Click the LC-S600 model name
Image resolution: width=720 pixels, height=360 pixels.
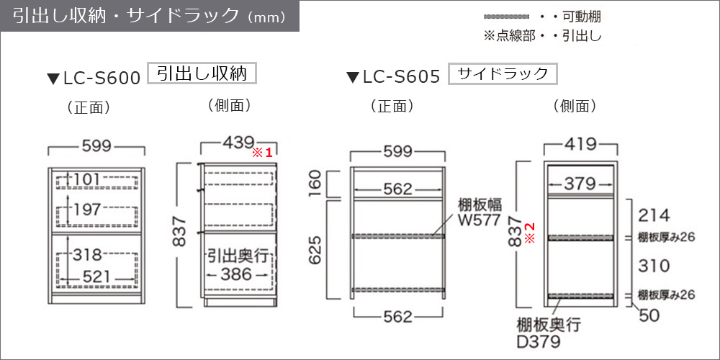pos(100,78)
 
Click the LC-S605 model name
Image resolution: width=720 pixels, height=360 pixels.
pos(400,78)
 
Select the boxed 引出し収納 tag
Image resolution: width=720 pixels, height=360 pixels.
pos(202,73)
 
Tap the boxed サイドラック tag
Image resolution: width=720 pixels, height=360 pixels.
pos(503,73)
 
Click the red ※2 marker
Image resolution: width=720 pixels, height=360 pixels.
pos(529,238)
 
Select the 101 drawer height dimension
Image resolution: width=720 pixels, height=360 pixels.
pos(87,178)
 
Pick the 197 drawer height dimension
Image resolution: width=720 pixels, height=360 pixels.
pos(87,210)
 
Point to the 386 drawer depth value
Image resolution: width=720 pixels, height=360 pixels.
pos(236,274)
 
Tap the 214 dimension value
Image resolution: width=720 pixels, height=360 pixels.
pos(653,215)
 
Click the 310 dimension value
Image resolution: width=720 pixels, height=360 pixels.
pos(653,266)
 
